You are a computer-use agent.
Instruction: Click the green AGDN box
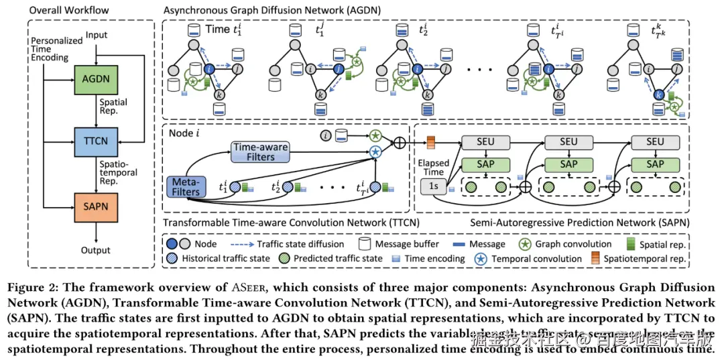point(96,79)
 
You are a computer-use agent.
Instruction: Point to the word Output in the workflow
point(96,249)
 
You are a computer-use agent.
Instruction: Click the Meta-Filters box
point(186,186)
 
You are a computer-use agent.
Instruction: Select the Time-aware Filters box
point(261,152)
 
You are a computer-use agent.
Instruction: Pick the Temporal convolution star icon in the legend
point(479,258)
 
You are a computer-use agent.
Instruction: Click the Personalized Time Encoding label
point(50,49)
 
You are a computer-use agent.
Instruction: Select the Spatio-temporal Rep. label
point(118,172)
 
